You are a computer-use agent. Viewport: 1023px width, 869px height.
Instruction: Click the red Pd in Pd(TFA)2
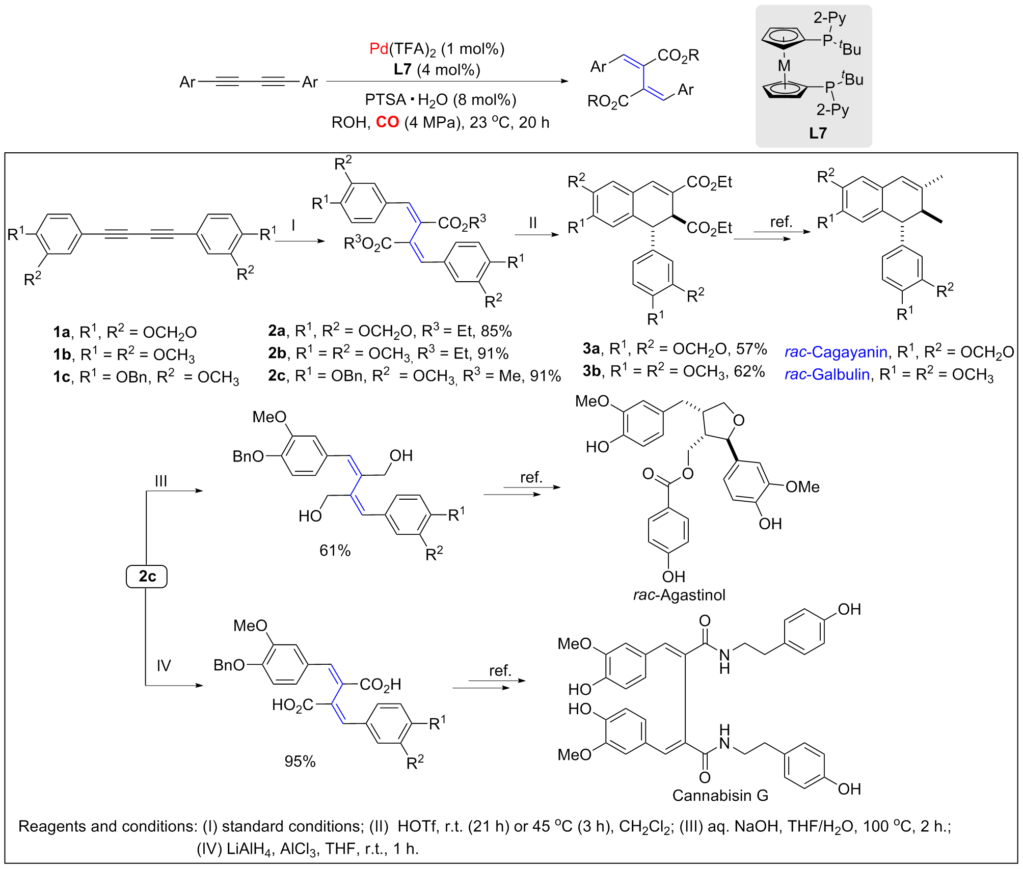click(x=379, y=49)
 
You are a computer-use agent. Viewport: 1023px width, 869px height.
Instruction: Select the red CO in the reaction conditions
click(x=387, y=122)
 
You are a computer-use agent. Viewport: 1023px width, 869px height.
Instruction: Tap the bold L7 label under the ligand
click(x=818, y=133)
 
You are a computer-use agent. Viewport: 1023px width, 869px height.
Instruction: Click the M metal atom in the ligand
click(x=784, y=66)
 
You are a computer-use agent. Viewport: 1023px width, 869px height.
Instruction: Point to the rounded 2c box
click(x=147, y=576)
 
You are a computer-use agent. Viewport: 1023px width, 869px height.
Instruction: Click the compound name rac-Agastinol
click(x=679, y=595)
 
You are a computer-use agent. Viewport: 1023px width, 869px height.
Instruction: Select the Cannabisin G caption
click(x=720, y=795)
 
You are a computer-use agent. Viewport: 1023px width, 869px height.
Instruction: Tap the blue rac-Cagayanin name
click(x=836, y=352)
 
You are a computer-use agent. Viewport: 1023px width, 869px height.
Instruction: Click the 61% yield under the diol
click(x=335, y=551)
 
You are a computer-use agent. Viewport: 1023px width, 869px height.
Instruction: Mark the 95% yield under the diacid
click(x=300, y=761)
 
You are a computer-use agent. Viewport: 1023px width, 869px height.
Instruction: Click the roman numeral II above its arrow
click(x=533, y=223)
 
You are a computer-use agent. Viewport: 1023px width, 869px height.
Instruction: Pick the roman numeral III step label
click(x=161, y=481)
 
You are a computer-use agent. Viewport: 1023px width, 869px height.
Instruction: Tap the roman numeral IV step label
click(x=164, y=665)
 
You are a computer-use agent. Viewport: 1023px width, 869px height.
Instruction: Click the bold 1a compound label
click(x=61, y=333)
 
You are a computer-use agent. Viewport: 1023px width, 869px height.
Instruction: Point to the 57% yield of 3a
click(x=751, y=349)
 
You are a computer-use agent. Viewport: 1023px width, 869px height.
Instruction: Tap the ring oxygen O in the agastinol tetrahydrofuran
click(x=739, y=420)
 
